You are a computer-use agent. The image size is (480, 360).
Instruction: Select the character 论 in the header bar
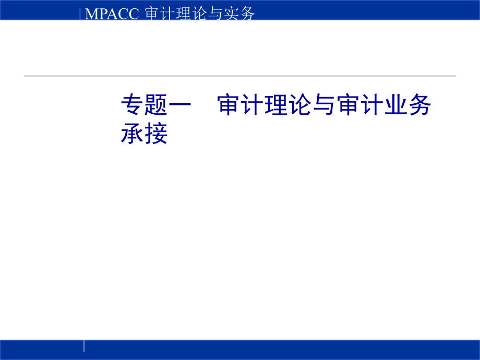point(198,14)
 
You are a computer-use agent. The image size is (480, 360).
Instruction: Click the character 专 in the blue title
point(133,106)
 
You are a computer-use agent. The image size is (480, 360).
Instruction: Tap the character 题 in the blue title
point(157,106)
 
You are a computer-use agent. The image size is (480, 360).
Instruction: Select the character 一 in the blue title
point(181,106)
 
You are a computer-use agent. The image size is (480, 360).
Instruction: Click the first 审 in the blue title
point(230,106)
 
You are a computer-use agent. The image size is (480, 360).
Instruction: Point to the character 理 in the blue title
point(277,106)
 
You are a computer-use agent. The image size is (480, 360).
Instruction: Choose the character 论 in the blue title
point(301,106)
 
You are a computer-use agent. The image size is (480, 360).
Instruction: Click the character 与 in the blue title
point(325,106)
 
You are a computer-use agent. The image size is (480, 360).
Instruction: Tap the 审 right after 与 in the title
point(349,106)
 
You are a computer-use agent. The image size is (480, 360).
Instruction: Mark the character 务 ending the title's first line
point(420,106)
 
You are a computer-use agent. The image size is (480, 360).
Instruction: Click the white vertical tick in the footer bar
point(84,346)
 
